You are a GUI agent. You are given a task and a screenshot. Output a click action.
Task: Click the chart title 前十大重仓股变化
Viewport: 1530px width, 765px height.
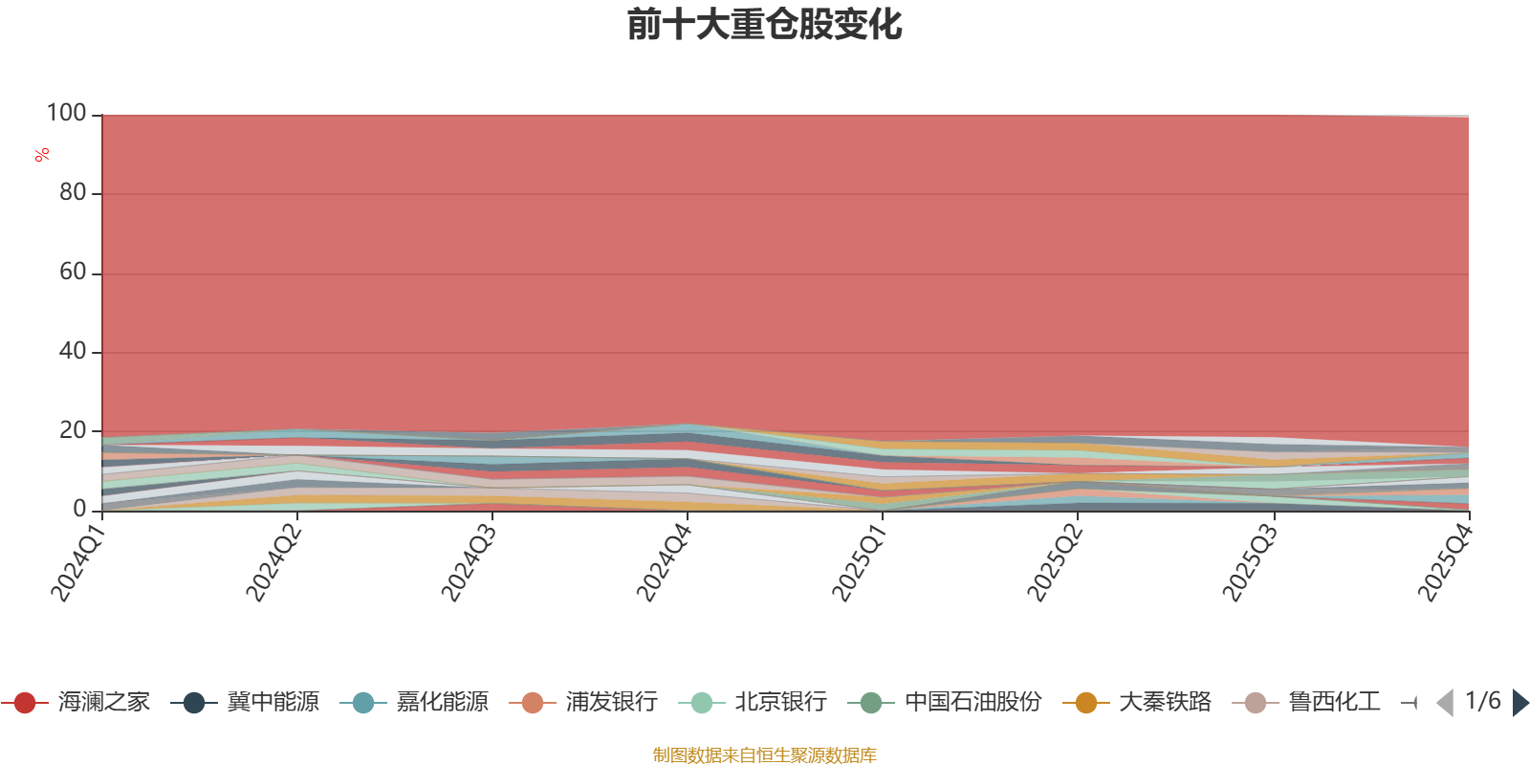click(765, 25)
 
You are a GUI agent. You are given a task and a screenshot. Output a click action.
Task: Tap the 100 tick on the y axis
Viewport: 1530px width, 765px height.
click(67, 114)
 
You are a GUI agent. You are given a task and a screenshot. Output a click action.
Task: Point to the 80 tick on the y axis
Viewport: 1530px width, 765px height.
click(72, 193)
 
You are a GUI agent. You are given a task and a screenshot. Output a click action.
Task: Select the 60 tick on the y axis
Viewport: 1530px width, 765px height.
click(72, 273)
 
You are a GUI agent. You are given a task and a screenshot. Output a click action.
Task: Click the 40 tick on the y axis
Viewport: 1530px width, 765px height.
click(72, 352)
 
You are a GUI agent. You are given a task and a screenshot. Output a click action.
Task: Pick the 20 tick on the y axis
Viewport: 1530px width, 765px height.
click(72, 431)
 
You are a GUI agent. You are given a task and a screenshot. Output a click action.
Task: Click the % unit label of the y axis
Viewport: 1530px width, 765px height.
click(42, 155)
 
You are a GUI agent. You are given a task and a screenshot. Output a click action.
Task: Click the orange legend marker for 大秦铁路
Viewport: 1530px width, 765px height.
click(1086, 703)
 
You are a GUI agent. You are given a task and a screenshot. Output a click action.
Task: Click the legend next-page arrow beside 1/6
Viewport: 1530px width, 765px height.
click(1520, 703)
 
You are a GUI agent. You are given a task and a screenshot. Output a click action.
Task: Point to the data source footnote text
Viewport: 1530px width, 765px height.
click(765, 755)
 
